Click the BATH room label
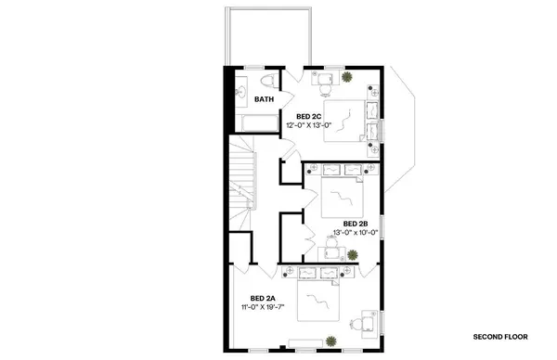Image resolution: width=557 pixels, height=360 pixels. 265,99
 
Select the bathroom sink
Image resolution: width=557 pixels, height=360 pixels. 240,91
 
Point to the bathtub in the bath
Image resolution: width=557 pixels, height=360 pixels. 251,122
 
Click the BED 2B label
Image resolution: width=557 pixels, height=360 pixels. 356,224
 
